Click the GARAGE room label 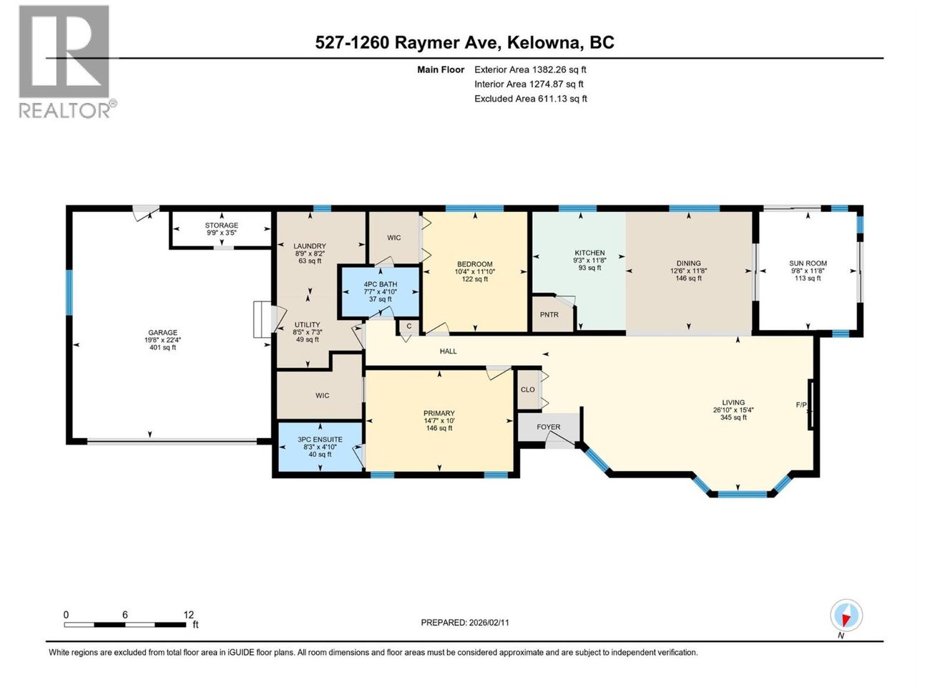click(x=162, y=332)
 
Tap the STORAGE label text click(x=221, y=226)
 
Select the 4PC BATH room click(x=380, y=291)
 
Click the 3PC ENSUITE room click(x=320, y=447)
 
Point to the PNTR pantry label click(x=549, y=315)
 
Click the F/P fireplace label click(x=801, y=405)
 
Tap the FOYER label click(x=549, y=427)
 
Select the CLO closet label click(x=527, y=390)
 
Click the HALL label click(x=448, y=352)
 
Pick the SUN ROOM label click(x=808, y=263)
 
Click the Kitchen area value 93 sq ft click(x=589, y=268)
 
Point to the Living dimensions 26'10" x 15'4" click(x=733, y=410)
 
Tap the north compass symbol click(x=846, y=616)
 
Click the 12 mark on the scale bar click(x=188, y=615)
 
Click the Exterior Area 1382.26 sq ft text click(x=530, y=69)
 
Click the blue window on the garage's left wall click(x=69, y=292)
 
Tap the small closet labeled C click(x=408, y=326)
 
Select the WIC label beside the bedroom click(x=393, y=238)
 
